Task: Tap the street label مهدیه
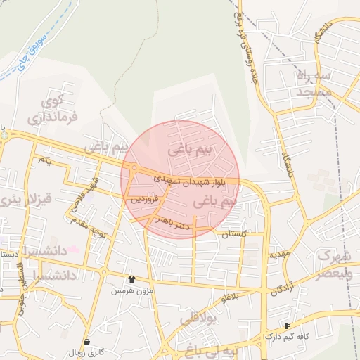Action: (278, 255)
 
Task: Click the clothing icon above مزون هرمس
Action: (131, 279)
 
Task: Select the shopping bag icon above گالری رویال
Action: (86, 342)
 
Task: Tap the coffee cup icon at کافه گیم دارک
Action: (287, 326)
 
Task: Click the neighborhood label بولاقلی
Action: (201, 319)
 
